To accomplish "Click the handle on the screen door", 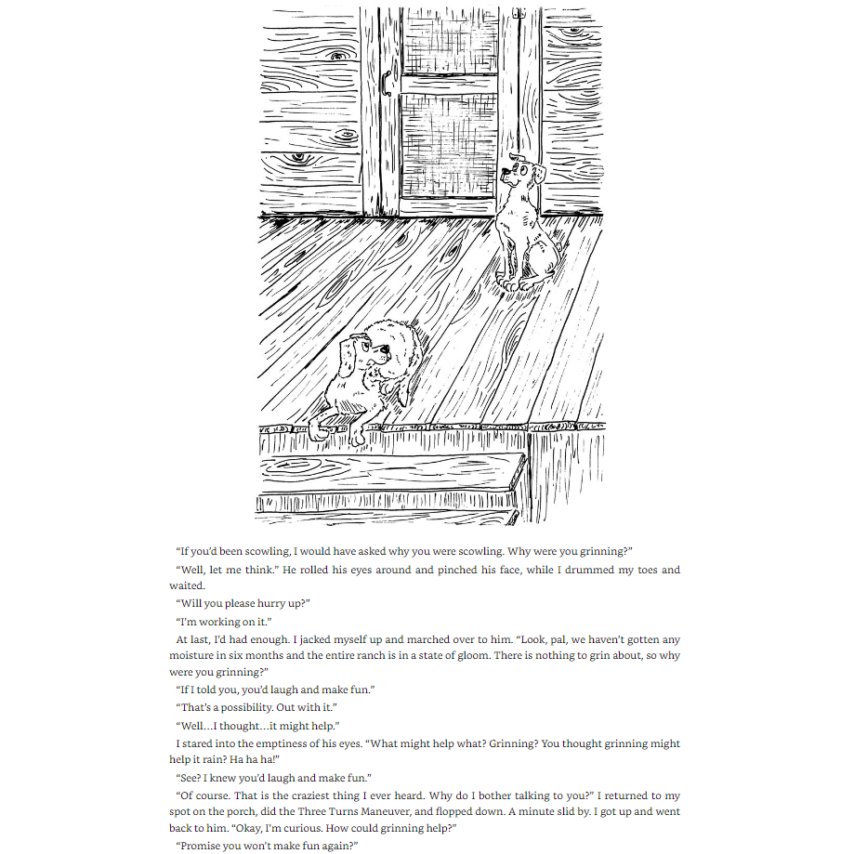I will (x=385, y=85).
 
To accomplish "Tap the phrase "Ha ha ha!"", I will (x=256, y=759).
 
